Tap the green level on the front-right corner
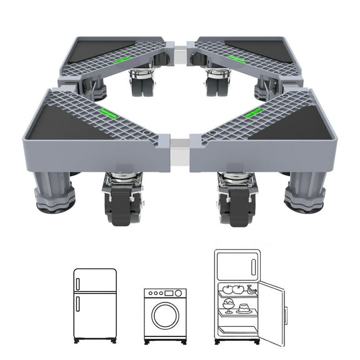[253, 114]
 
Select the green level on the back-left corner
[122, 59]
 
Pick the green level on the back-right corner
[236, 59]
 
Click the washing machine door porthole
[166, 316]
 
